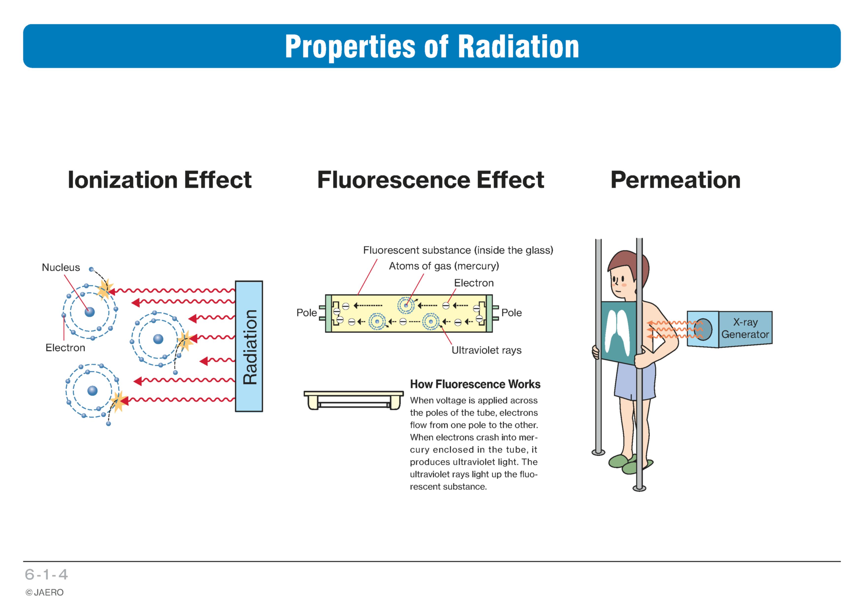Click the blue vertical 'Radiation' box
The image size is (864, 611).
tap(249, 346)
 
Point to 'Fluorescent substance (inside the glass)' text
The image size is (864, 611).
tap(458, 250)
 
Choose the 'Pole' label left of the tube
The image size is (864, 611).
tap(306, 313)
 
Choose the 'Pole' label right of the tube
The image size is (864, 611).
tap(511, 313)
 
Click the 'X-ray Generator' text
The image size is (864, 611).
tap(745, 328)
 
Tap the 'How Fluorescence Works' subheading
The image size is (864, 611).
tap(475, 384)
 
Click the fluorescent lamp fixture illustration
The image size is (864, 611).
tap(353, 400)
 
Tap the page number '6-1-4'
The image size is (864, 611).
tap(46, 575)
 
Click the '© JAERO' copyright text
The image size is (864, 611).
tap(44, 593)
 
